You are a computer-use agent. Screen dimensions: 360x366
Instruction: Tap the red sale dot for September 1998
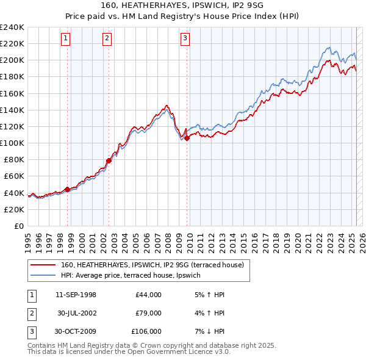pyautogui.click(x=67, y=189)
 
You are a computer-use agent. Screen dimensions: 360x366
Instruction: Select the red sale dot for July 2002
pyautogui.click(x=109, y=160)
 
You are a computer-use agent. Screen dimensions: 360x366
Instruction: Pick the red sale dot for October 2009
pyautogui.click(x=187, y=138)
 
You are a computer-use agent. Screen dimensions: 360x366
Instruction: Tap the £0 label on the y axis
pyautogui.click(x=18, y=226)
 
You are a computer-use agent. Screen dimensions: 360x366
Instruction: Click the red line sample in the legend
pyautogui.click(x=43, y=265)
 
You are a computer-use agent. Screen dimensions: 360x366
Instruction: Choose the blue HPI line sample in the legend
pyautogui.click(x=43, y=275)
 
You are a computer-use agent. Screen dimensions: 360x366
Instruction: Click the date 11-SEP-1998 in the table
pyautogui.click(x=76, y=295)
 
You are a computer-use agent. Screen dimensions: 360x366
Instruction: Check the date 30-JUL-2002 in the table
pyautogui.click(x=76, y=313)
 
